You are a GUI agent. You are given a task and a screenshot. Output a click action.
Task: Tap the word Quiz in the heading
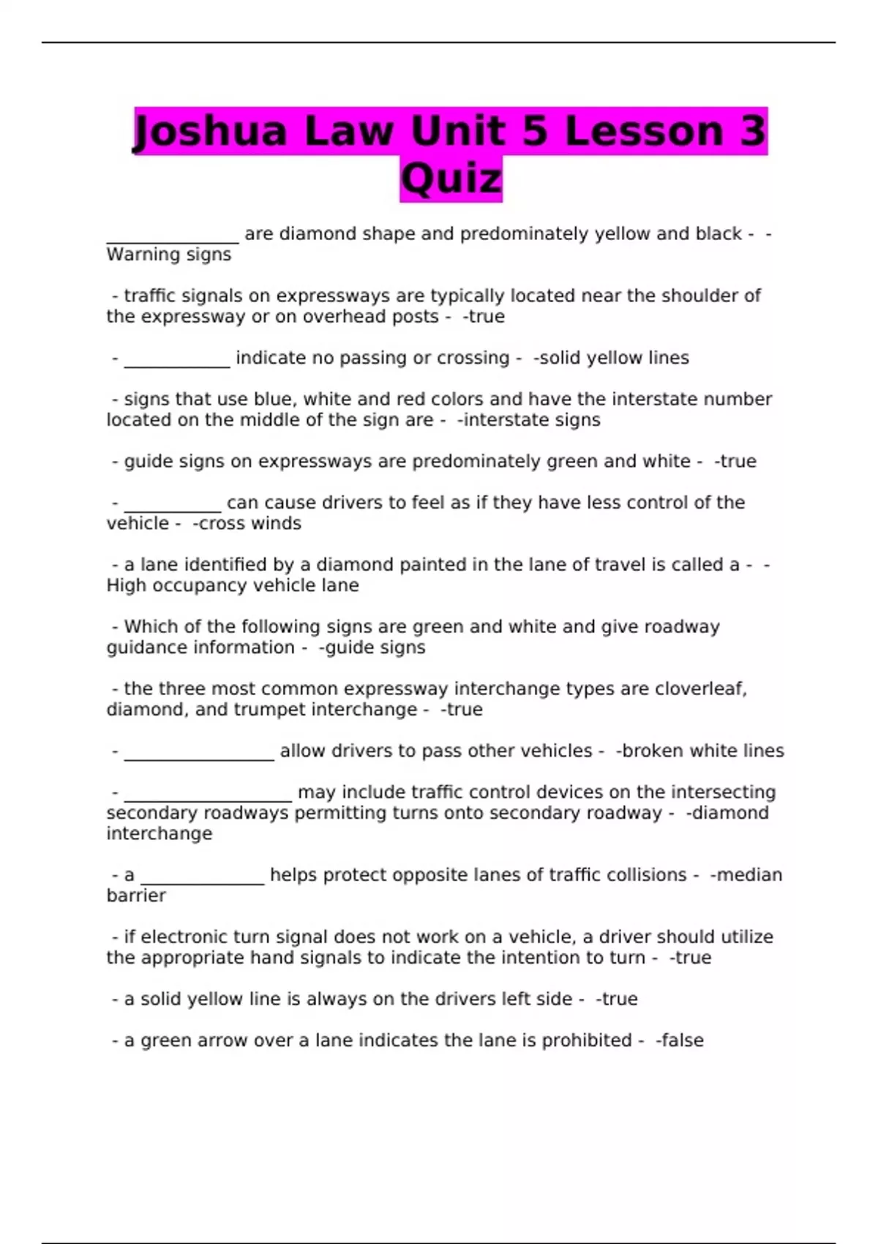(451, 179)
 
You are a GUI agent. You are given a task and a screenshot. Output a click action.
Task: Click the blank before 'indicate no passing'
(177, 359)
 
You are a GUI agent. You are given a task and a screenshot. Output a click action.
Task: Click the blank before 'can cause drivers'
(173, 504)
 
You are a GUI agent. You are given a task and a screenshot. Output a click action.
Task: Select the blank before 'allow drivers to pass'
(199, 752)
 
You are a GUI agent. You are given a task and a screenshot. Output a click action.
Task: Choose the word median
(749, 875)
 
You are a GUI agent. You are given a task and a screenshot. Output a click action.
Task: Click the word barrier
(136, 896)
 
